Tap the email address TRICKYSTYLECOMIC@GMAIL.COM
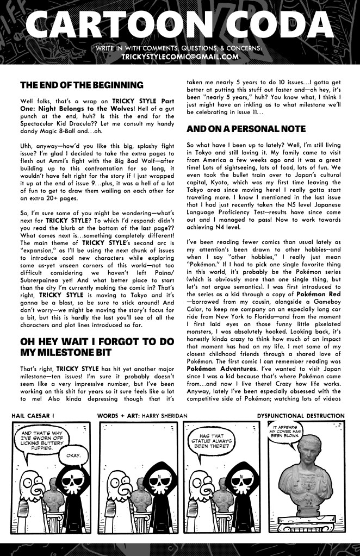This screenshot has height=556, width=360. coord(180,57)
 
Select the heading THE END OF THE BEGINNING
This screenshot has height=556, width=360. coord(81,85)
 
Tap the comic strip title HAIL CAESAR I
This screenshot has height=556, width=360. coord(35,416)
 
